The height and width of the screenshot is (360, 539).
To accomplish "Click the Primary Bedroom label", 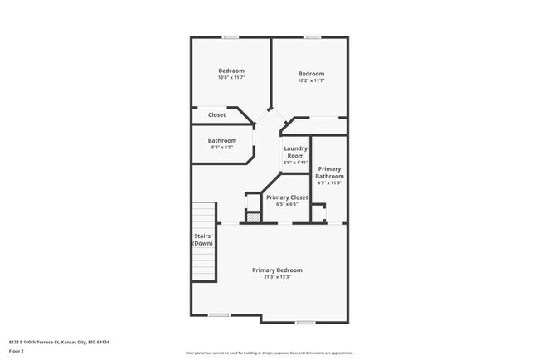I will (x=277, y=270).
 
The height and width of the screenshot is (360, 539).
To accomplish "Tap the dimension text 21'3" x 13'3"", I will (x=277, y=277).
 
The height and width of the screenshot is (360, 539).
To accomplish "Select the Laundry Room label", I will (x=296, y=153).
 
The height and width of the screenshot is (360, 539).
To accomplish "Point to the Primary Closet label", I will (x=287, y=197).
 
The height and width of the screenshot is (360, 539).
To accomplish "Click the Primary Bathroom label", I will (x=329, y=173).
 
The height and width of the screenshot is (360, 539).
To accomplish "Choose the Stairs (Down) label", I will (x=203, y=240).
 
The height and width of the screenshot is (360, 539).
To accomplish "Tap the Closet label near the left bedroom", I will (x=216, y=115).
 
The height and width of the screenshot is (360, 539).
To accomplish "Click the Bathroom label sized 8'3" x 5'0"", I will (x=222, y=140).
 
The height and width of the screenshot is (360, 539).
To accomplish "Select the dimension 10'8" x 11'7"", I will (x=231, y=78).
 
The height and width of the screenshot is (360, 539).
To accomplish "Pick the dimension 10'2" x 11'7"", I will (x=311, y=81).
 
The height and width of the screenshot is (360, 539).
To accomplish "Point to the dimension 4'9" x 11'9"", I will (x=329, y=183).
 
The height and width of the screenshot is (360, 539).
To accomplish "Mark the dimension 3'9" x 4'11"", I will (x=296, y=163).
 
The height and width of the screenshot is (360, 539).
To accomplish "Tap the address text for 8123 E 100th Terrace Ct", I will (x=59, y=342).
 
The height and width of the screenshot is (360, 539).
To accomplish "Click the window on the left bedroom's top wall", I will (x=231, y=37).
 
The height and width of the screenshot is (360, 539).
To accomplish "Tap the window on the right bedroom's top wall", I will (x=312, y=37).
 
